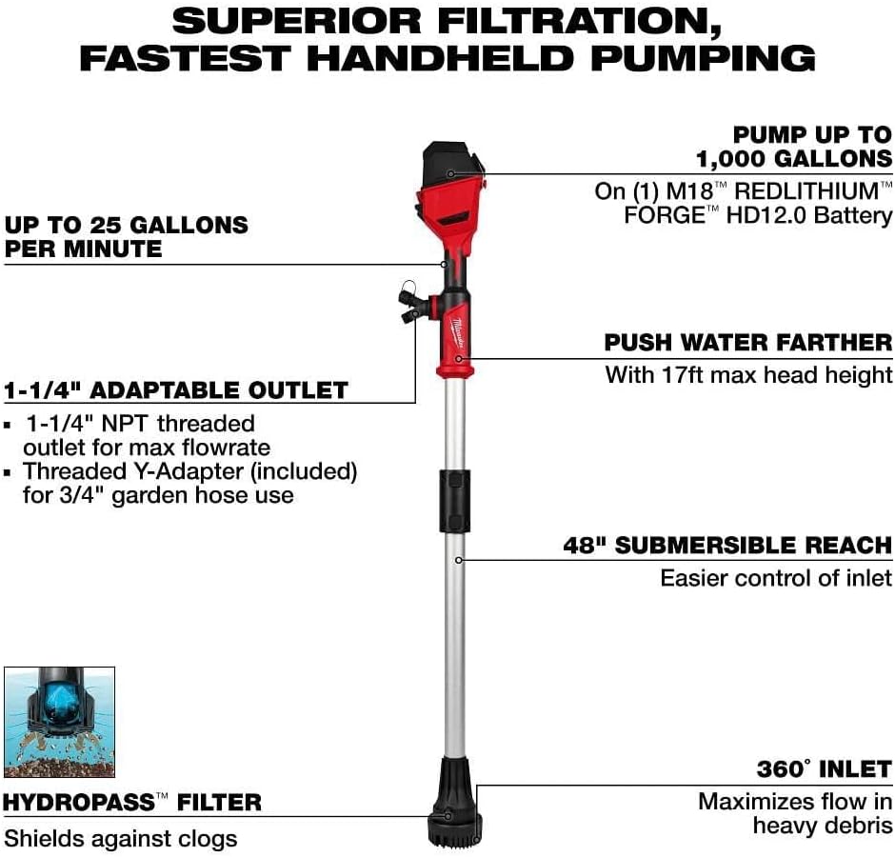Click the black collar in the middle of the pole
point(456,500)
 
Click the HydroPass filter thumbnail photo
point(59,722)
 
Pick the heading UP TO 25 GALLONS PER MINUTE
point(126,237)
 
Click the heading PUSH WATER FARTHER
point(748,343)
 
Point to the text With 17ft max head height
point(748,374)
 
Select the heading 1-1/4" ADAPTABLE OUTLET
point(176,390)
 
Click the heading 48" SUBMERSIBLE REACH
point(728,546)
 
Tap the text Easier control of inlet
point(776,577)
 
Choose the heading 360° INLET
point(824,768)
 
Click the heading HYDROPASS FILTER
point(131,803)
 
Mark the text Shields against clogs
point(121,838)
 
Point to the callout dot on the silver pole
point(458,559)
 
